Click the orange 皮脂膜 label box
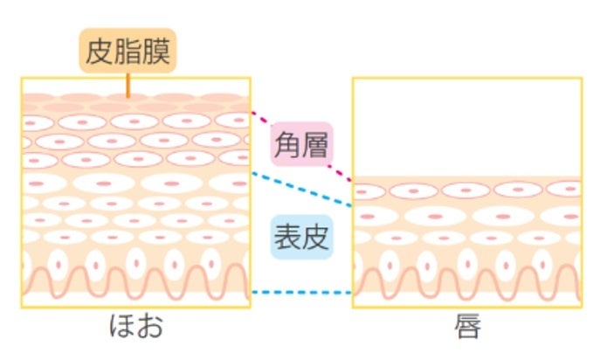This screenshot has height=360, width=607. pyautogui.click(x=128, y=52)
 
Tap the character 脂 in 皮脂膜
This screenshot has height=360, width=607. pyautogui.click(x=128, y=52)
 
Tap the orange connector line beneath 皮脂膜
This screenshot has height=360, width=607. pyautogui.click(x=128, y=85)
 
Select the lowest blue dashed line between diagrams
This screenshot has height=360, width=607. pyautogui.click(x=301, y=293)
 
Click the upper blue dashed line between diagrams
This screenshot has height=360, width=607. pyautogui.click(x=301, y=190)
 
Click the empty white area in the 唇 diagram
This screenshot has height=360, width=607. pyautogui.click(x=466, y=127)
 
